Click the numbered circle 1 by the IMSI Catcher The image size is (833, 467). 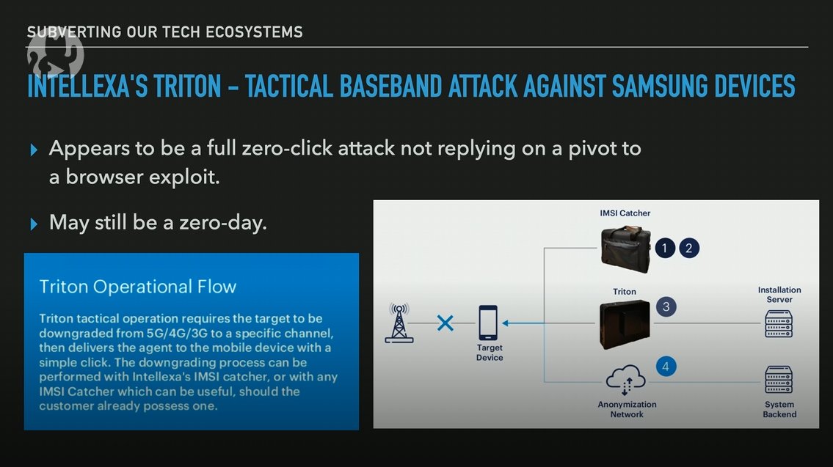coord(664,249)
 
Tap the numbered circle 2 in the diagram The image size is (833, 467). coord(688,249)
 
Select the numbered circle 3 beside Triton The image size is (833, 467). coord(666,307)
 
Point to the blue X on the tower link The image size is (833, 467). coord(445,323)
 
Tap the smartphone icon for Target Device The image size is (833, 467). coord(488,323)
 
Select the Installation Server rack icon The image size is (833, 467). coord(779,323)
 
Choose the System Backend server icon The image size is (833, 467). coord(779,380)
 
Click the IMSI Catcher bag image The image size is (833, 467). coord(625,249)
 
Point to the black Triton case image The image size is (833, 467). coord(625,323)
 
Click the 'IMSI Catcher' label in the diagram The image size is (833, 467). coord(625,213)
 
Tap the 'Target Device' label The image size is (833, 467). coord(490,353)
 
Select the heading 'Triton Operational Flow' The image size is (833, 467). coord(138,287)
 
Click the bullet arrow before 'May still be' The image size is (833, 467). coord(34,224)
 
